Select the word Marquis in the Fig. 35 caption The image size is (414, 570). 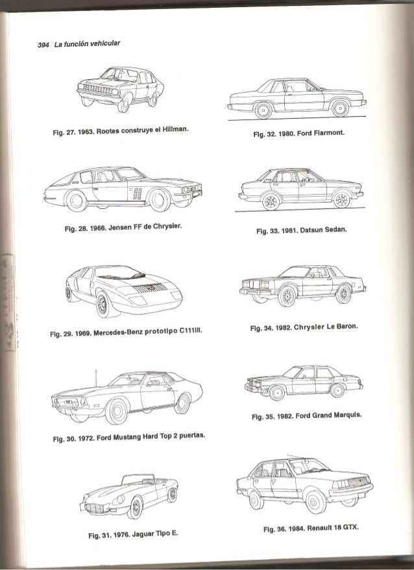pyautogui.click(x=348, y=417)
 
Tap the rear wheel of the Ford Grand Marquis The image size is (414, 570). pyautogui.click(x=337, y=391)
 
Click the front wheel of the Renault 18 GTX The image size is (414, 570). pyautogui.click(x=316, y=502)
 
